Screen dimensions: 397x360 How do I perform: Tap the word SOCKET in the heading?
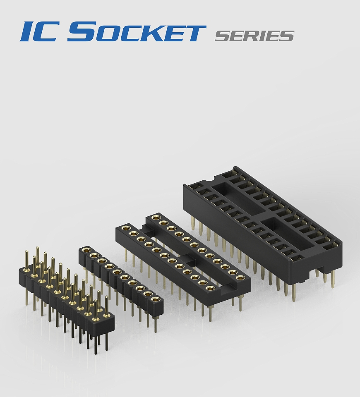click(137, 31)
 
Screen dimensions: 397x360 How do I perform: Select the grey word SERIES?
click(254, 36)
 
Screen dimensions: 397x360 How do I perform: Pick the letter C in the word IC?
click(49, 31)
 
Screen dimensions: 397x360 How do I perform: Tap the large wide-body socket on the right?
click(265, 223)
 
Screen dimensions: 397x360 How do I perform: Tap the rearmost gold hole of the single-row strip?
click(87, 250)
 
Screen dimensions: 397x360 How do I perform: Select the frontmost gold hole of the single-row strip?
click(155, 299)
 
